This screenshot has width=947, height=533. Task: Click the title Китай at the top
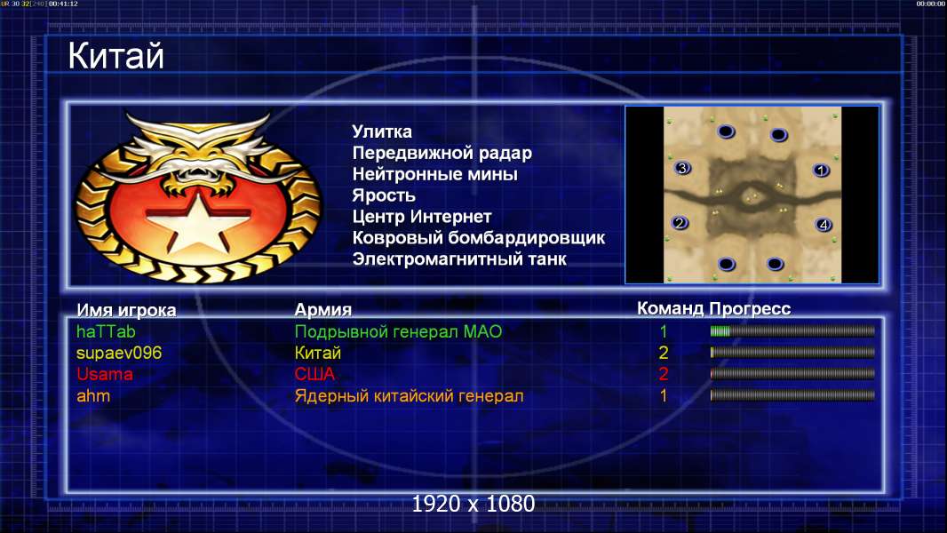[115, 56]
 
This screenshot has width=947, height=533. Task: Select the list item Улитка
[382, 131]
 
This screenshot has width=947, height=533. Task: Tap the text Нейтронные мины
[434, 174]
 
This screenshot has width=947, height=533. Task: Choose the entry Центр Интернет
[422, 217]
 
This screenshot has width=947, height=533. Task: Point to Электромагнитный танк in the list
[459, 259]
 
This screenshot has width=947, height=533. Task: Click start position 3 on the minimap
[682, 169]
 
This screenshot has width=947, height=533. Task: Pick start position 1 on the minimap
[821, 171]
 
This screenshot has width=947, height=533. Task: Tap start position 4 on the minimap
[824, 225]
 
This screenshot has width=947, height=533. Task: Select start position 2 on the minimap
[680, 223]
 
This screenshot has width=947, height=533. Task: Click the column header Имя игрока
[126, 310]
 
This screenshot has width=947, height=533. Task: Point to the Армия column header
[322, 310]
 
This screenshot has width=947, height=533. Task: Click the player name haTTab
[106, 332]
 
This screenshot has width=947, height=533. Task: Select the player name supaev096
[119, 354]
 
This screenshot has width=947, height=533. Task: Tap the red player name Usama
[105, 374]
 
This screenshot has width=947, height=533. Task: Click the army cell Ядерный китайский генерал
[409, 396]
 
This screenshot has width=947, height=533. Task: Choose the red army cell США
[314, 374]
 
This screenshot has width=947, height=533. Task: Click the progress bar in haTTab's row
[792, 330]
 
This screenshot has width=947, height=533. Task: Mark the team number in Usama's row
[663, 374]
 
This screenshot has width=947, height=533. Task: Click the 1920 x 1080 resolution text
[473, 504]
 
